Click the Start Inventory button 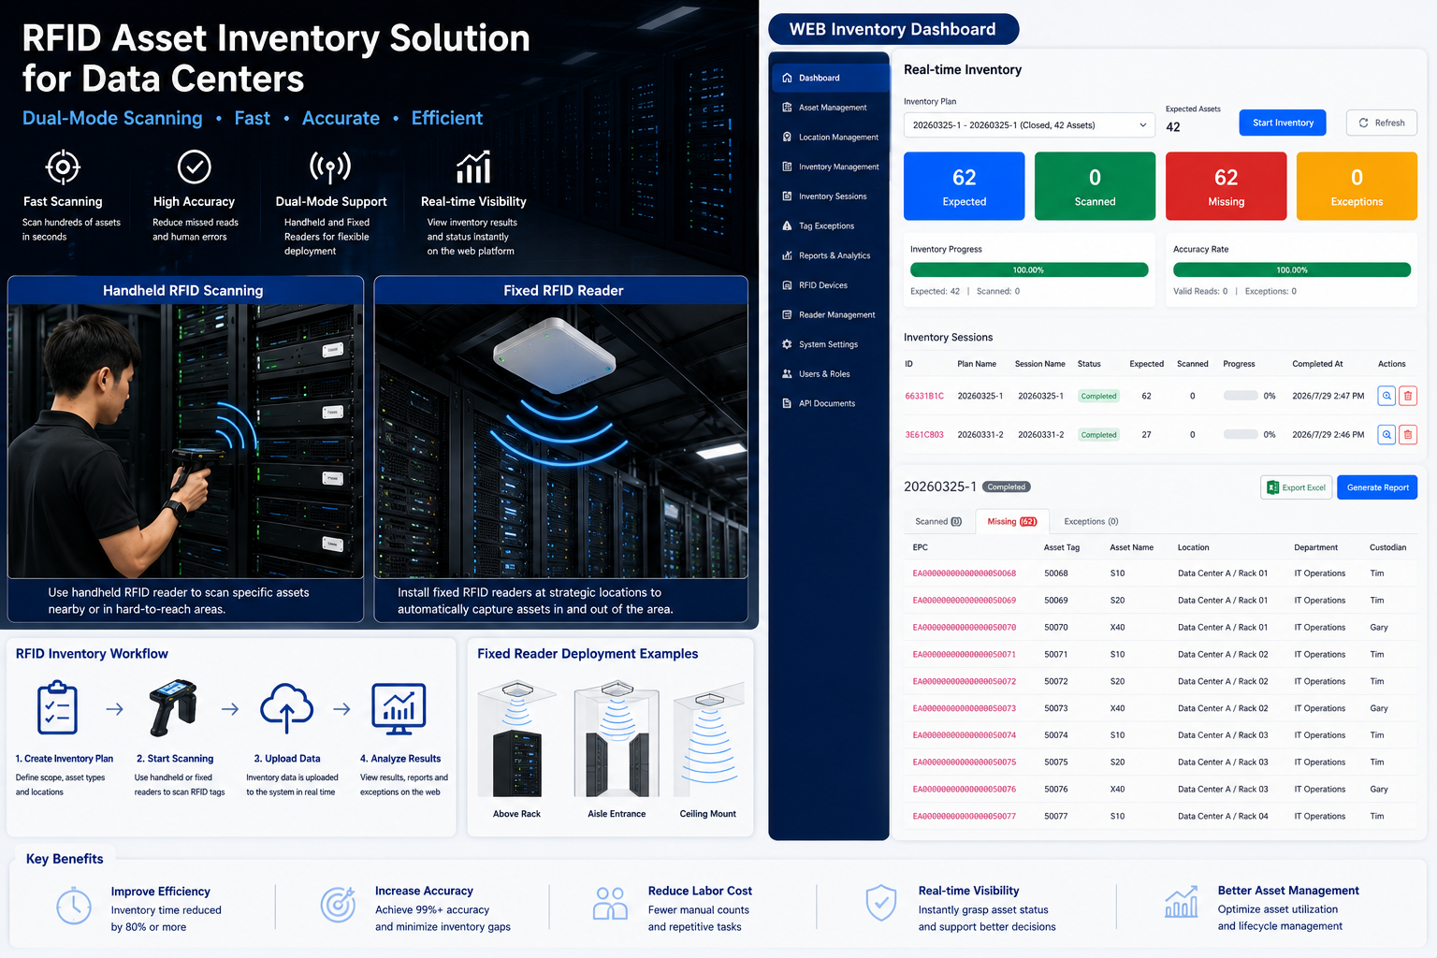point(1282,123)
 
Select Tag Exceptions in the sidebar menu point(826,225)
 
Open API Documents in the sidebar point(826,403)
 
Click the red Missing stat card point(1226,186)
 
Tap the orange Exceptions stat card point(1357,186)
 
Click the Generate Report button point(1377,487)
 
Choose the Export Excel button point(1296,487)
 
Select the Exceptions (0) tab point(1091,521)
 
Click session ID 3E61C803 point(923,434)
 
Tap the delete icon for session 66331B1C point(1407,396)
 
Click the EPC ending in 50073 point(965,708)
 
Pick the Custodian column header point(1387,547)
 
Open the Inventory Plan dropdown point(1029,125)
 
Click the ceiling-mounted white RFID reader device point(554,355)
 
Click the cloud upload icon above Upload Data point(287,708)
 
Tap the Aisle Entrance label point(617,814)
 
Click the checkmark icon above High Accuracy point(194,167)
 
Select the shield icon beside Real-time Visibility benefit point(880,902)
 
